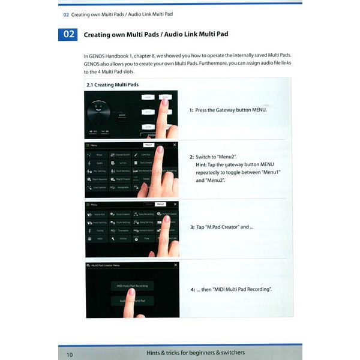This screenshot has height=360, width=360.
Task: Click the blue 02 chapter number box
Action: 68,34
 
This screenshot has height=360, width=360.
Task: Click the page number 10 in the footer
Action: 70,354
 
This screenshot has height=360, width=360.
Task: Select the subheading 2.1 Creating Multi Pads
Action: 113,85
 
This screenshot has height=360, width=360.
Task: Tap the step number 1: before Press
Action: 191,110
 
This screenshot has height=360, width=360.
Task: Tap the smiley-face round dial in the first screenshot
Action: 98,111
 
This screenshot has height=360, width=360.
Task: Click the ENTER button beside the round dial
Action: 122,115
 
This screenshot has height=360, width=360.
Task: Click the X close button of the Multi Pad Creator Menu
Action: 175,265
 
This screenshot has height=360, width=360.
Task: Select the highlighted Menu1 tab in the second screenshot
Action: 149,145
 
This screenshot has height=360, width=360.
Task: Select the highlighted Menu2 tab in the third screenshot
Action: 160,205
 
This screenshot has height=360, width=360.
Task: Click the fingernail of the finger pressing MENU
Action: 164,101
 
